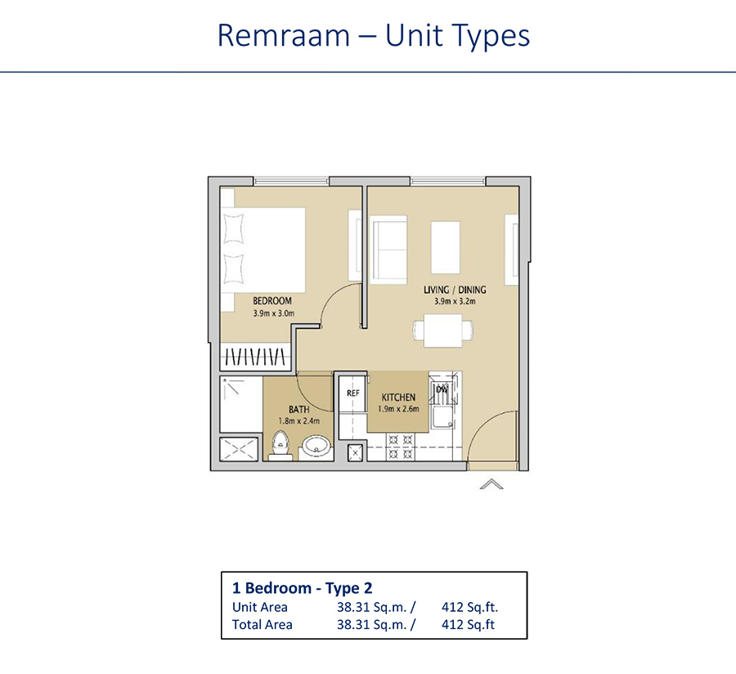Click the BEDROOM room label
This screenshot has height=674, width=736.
tap(272, 301)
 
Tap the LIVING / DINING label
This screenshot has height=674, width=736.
tap(455, 290)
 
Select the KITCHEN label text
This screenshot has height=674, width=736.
tap(397, 398)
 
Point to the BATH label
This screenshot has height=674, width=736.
tap(298, 409)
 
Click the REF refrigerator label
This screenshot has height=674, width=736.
tap(353, 393)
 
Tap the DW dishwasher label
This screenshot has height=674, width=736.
tap(442, 390)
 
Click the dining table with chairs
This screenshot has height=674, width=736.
tap(442, 330)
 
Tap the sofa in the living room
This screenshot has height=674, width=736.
tap(389, 249)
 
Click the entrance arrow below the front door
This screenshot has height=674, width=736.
tap(491, 484)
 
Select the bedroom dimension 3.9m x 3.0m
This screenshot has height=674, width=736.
tap(272, 312)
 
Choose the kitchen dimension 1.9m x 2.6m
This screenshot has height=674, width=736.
tap(397, 409)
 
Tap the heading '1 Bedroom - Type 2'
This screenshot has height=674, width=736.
tap(303, 588)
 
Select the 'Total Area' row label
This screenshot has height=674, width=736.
tap(263, 624)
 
